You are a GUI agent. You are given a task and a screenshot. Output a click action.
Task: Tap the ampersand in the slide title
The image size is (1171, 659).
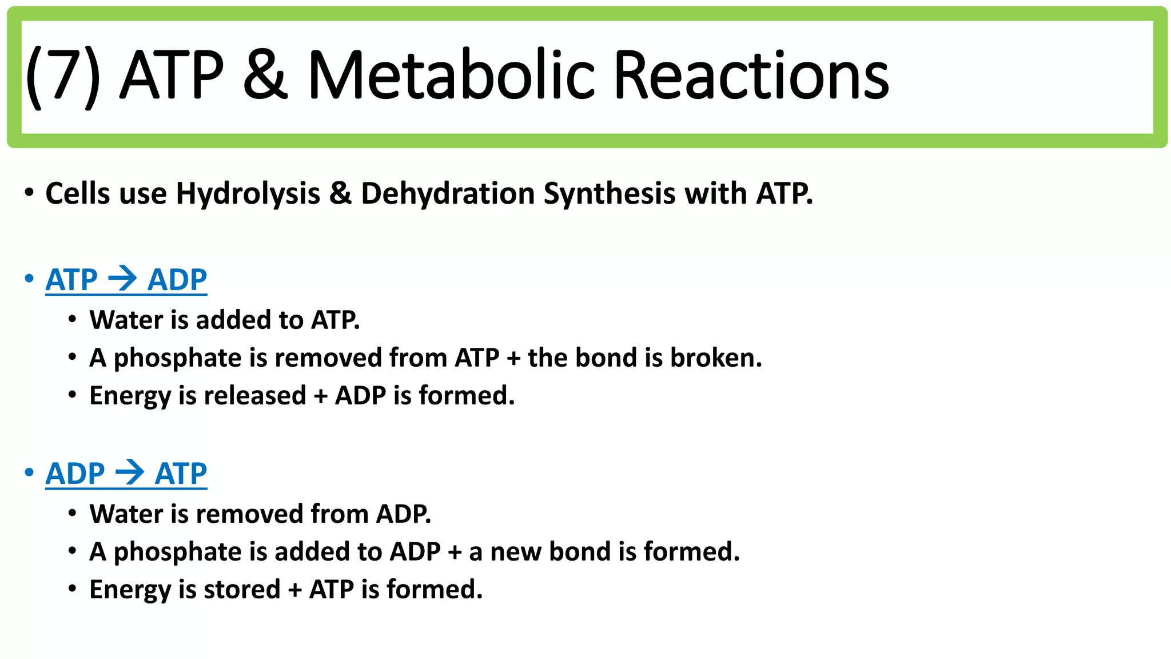(x=265, y=74)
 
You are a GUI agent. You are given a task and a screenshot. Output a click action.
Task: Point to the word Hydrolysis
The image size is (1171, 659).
(x=248, y=193)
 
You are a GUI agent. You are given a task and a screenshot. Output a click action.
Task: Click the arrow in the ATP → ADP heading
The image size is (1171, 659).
(x=122, y=279)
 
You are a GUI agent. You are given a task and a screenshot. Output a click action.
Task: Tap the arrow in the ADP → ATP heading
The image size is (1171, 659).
(x=130, y=473)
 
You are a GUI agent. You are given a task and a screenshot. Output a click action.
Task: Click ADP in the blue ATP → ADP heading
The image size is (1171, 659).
(x=177, y=280)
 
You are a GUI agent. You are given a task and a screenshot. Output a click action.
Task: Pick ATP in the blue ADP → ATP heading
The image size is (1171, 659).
(x=181, y=474)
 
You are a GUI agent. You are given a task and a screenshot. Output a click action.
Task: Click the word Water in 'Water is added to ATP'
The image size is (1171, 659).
(x=126, y=320)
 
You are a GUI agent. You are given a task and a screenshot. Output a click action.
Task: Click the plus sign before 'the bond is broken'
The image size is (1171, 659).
(x=513, y=359)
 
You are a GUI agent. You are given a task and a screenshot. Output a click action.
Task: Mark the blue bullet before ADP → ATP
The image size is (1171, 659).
(x=29, y=473)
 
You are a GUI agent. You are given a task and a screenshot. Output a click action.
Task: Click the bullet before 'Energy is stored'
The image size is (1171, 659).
(x=72, y=589)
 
